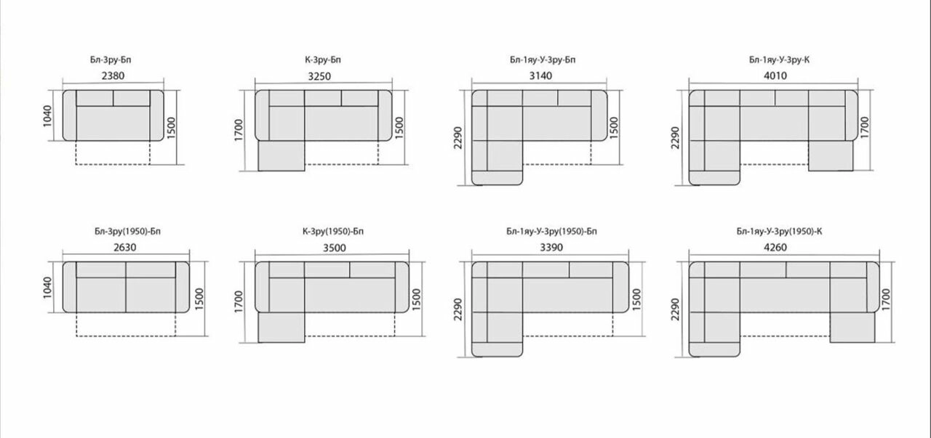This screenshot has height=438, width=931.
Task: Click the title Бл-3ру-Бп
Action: (x=111, y=60)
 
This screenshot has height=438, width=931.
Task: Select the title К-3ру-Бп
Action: (x=322, y=60)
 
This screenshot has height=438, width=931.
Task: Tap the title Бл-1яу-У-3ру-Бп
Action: (x=543, y=60)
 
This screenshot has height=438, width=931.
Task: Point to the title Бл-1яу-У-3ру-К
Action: (x=779, y=60)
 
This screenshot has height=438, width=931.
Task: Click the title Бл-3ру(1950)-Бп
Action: (x=127, y=231)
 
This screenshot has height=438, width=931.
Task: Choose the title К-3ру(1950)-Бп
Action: (x=333, y=231)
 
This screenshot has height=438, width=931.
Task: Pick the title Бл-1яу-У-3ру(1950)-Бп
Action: (x=551, y=231)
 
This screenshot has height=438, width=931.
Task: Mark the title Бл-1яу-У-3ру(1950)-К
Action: (x=779, y=231)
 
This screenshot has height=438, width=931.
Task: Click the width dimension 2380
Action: (x=113, y=76)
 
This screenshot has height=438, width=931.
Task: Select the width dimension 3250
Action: (x=319, y=76)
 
